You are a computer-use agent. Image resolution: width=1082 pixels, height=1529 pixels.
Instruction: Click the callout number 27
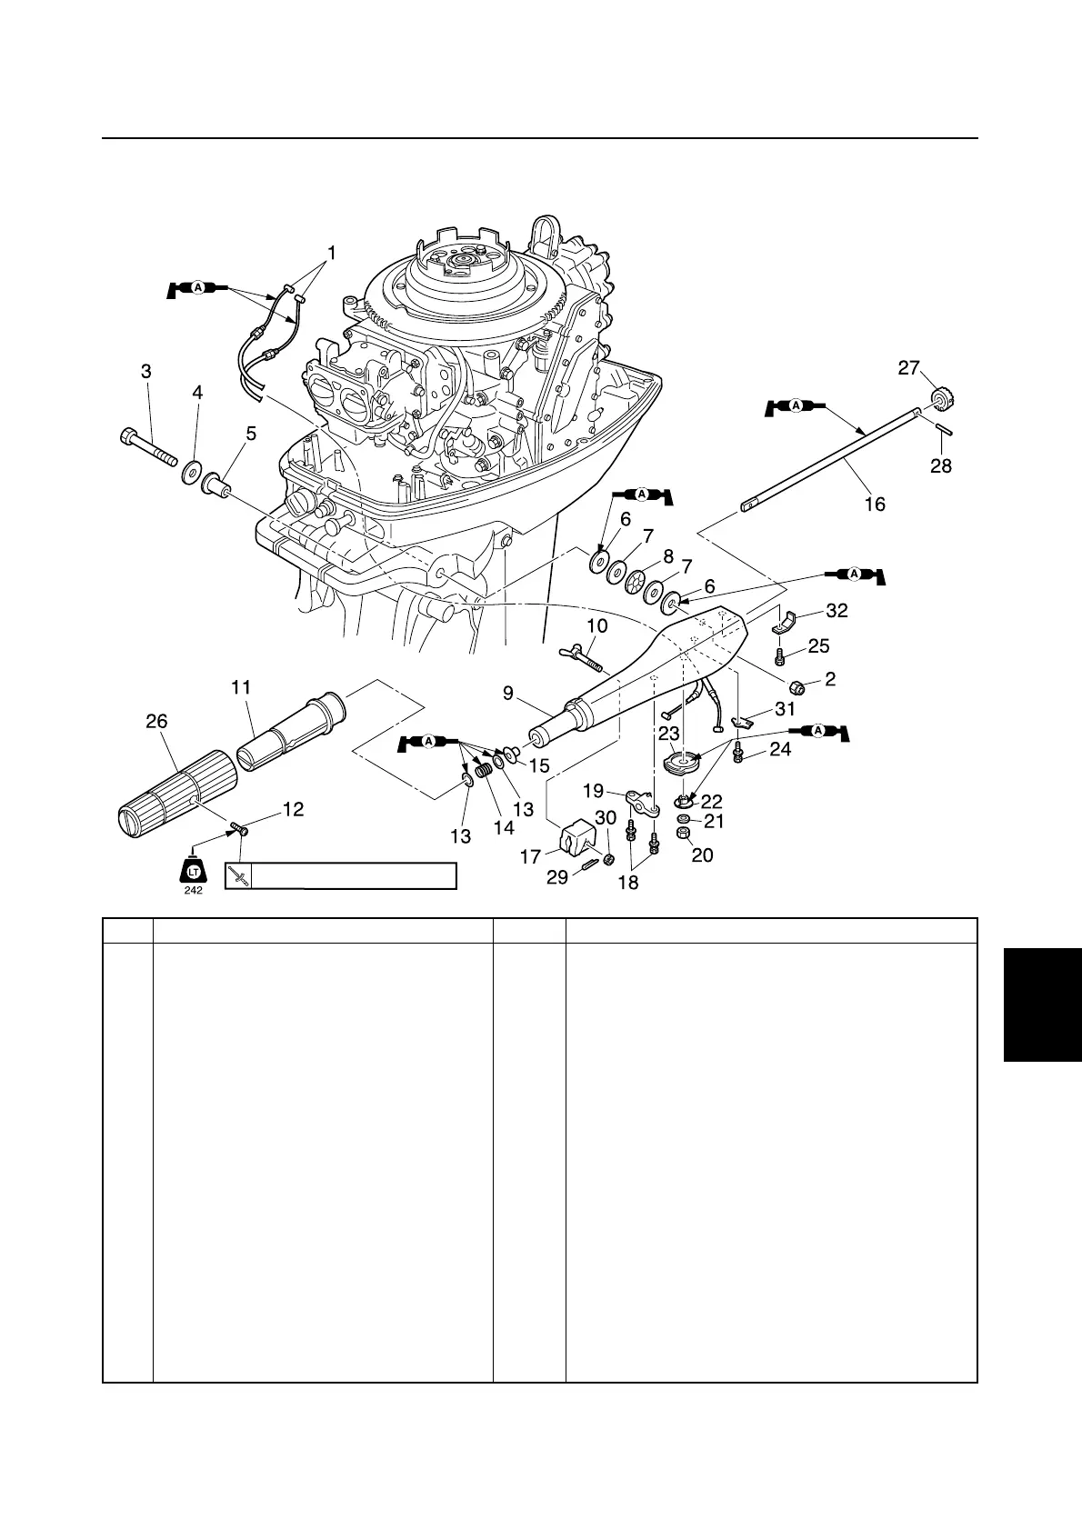tap(909, 368)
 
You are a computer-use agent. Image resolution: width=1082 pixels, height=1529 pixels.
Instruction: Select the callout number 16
tap(874, 503)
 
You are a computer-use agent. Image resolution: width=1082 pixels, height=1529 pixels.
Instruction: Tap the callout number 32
tap(837, 611)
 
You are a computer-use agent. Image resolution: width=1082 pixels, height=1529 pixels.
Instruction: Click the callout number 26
tap(156, 721)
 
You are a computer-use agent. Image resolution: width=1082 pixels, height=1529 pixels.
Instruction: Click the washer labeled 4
tap(192, 473)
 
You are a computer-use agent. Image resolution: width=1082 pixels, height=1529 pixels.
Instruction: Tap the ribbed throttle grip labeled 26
tap(173, 792)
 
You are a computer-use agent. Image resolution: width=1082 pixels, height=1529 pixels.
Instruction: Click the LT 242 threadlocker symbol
tap(193, 871)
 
